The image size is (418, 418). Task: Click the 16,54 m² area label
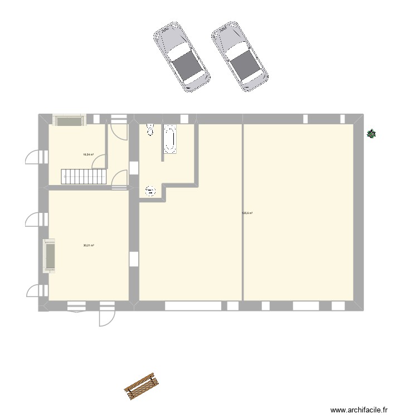point(88,154)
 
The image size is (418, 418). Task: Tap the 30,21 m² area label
point(88,245)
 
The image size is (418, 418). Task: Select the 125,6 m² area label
point(247,212)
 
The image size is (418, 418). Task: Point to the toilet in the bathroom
point(149,129)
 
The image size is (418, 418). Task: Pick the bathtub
point(169,139)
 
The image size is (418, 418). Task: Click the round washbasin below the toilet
point(150,191)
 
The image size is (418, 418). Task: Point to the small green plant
point(371,133)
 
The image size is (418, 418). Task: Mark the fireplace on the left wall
point(50,256)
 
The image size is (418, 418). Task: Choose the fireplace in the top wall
point(69,120)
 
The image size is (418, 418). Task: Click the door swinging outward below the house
point(106,315)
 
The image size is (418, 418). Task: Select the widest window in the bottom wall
point(193,306)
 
